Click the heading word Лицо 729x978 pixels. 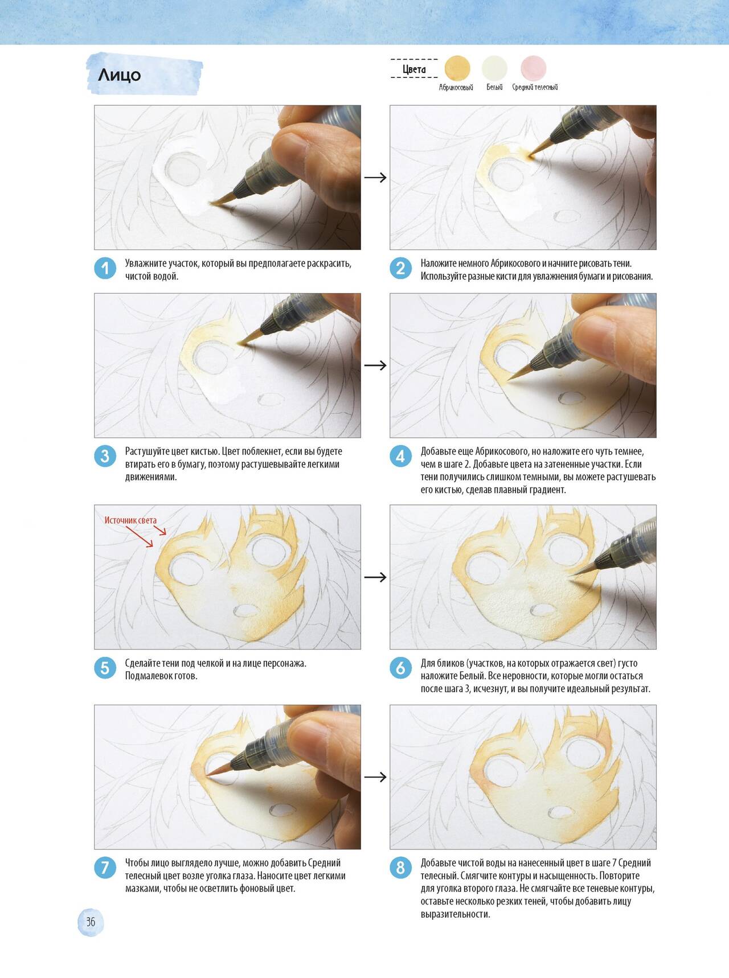point(120,75)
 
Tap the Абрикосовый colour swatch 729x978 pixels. point(457,68)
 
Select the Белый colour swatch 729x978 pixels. point(494,68)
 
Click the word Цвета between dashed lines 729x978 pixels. point(414,69)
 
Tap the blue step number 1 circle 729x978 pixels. point(105,269)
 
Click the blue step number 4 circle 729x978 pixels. point(400,457)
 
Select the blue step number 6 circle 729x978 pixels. point(400,668)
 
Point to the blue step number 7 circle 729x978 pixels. point(105,868)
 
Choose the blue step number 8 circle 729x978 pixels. point(400,868)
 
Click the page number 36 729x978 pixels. point(91,922)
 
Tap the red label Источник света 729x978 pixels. point(130,520)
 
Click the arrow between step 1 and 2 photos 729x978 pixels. point(375,178)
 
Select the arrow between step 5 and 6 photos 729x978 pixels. point(375,577)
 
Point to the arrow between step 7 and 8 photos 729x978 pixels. point(375,777)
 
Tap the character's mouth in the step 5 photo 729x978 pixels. point(246,610)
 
